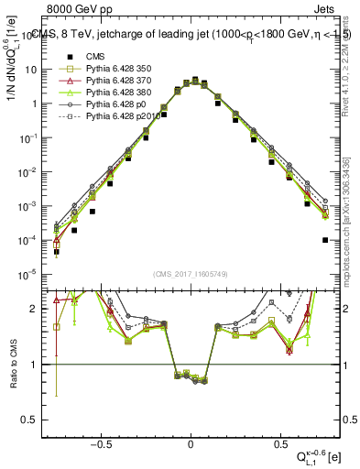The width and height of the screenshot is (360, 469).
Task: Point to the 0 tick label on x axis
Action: [191, 441]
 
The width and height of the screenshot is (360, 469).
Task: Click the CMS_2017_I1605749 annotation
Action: [191, 274]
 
